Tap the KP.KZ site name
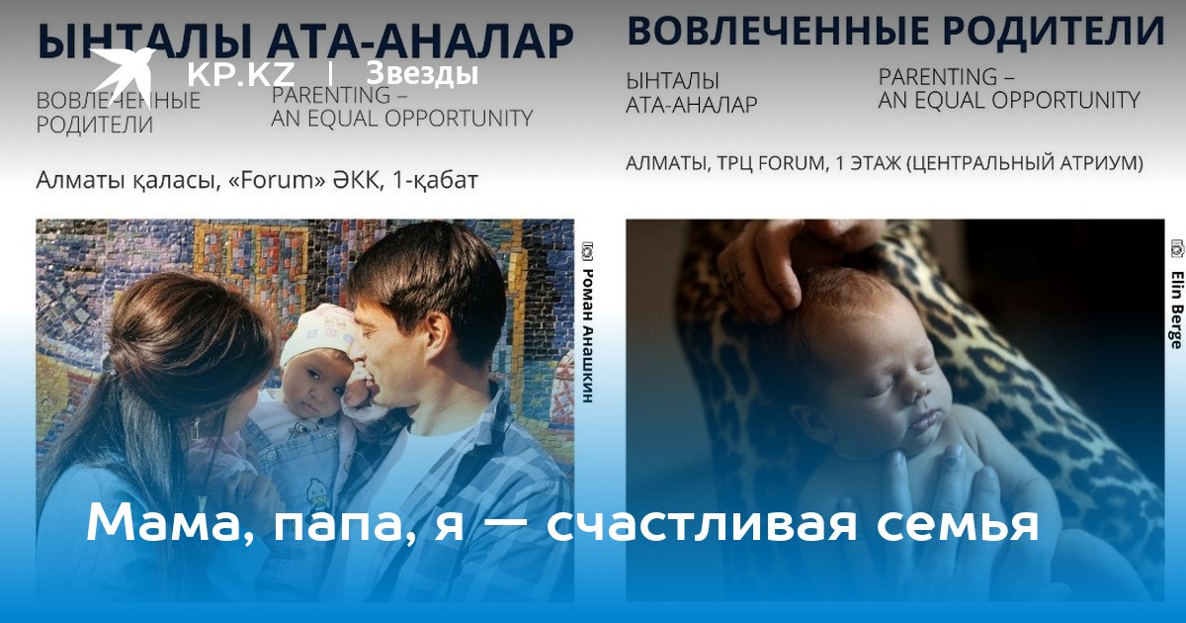click(x=240, y=74)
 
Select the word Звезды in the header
click(x=422, y=73)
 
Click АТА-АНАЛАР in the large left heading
click(x=420, y=42)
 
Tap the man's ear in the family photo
click(x=436, y=338)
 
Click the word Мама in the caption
click(x=169, y=522)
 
